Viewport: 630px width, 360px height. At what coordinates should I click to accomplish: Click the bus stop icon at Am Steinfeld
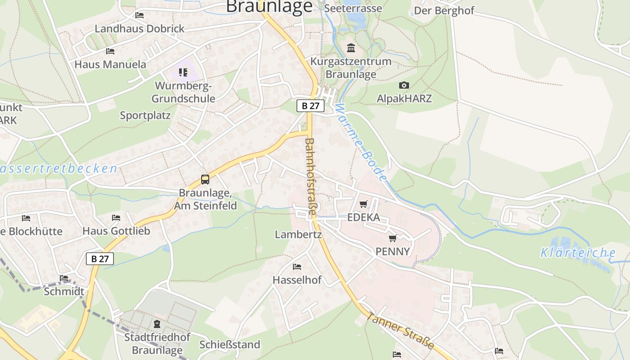tap(205, 180)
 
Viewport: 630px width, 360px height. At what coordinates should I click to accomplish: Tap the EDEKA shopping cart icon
tap(364, 204)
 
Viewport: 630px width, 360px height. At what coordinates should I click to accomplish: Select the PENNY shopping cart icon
tap(393, 238)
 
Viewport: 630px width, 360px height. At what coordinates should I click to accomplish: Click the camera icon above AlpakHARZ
tap(404, 85)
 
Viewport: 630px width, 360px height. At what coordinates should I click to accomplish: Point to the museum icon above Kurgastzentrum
tap(351, 48)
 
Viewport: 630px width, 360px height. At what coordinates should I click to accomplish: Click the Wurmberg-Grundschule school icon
tap(183, 72)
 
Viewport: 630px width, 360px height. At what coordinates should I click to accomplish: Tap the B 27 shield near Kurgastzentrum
tap(310, 106)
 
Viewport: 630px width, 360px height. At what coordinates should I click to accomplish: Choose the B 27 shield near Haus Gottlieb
tap(100, 259)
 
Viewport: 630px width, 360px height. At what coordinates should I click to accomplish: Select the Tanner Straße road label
tap(400, 330)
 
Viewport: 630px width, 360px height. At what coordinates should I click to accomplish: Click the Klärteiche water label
tap(578, 252)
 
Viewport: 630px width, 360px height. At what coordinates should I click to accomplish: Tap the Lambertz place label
tap(298, 234)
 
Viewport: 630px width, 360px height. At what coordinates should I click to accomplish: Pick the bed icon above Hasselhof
tap(297, 267)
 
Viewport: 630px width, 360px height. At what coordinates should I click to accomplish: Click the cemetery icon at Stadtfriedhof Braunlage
tap(157, 324)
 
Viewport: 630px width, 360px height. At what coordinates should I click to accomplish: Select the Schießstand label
tap(230, 345)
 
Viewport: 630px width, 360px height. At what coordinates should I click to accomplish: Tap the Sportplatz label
tap(145, 116)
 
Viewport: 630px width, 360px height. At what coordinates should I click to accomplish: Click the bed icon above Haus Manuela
tap(110, 51)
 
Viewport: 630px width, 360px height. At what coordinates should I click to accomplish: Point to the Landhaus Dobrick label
tap(139, 29)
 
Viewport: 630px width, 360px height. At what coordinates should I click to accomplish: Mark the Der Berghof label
tap(444, 10)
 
